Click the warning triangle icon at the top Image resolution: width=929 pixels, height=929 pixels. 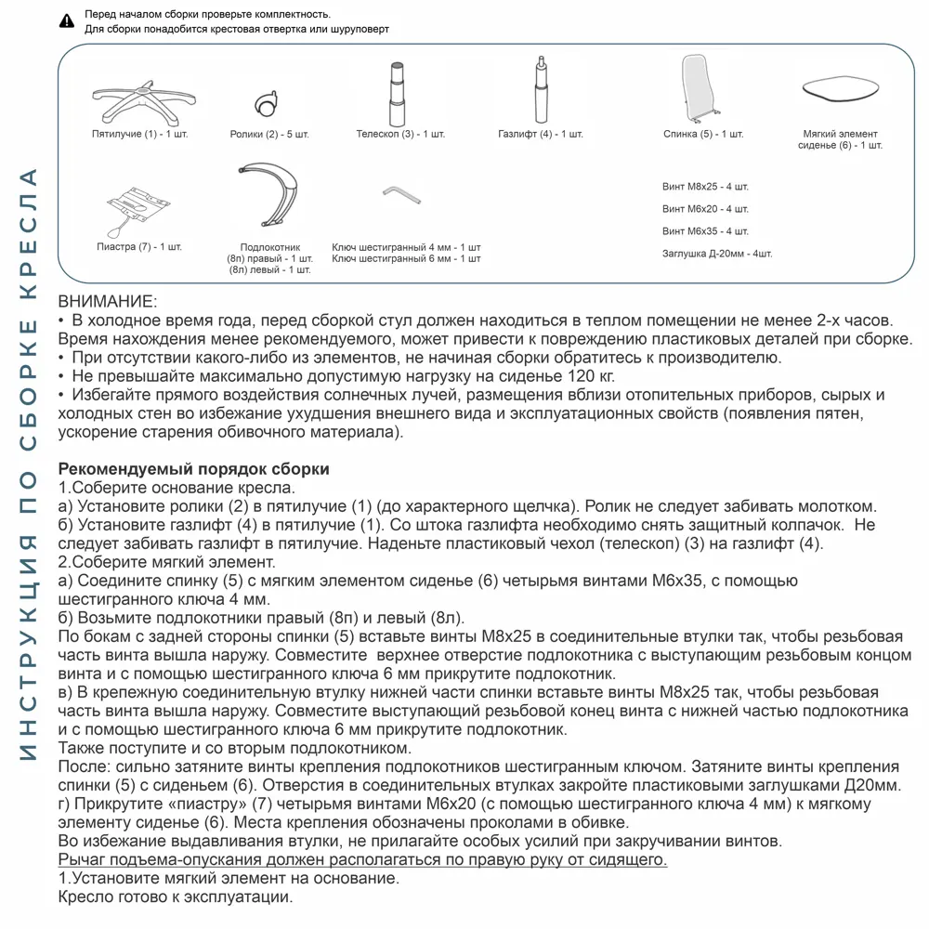(66, 20)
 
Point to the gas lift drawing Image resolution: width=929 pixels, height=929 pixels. (540, 89)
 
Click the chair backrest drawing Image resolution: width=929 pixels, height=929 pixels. (699, 87)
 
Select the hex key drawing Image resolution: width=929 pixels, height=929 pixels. (403, 195)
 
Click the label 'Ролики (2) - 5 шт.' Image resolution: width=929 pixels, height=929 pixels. (269, 135)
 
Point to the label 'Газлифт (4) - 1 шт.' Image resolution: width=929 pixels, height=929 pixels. (541, 135)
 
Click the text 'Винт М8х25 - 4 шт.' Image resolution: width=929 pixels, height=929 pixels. (705, 187)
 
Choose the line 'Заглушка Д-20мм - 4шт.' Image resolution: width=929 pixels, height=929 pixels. (716, 254)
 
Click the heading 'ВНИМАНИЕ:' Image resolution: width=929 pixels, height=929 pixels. (108, 302)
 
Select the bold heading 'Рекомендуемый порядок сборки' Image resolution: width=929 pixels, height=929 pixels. (193, 469)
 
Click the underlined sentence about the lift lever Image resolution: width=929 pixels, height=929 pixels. (362, 860)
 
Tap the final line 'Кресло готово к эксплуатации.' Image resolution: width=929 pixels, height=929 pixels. (175, 897)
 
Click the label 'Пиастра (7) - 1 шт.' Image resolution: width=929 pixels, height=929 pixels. (139, 247)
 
